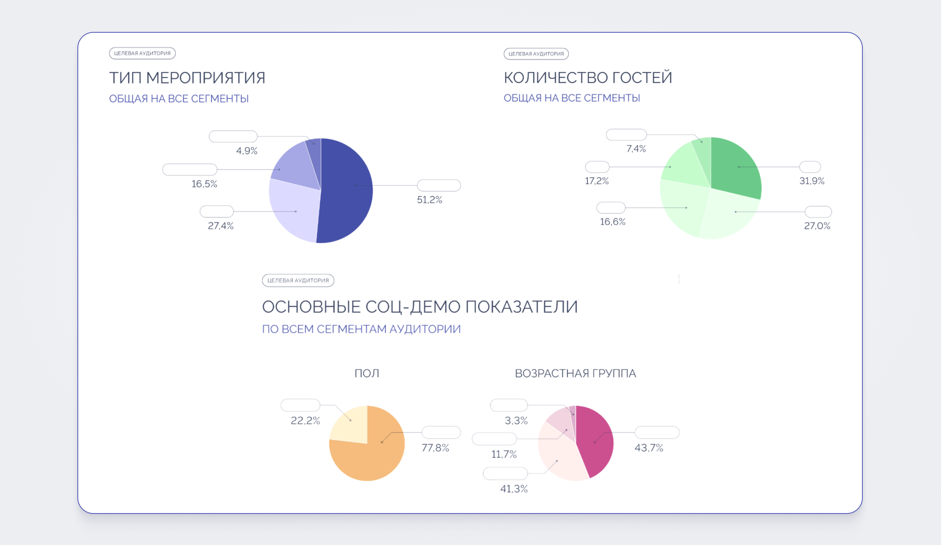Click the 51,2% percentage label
tap(429, 200)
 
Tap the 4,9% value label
tap(247, 151)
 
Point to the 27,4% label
tap(221, 226)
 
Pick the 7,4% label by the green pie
tap(636, 149)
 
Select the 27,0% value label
tap(817, 226)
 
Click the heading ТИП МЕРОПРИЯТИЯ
tap(187, 78)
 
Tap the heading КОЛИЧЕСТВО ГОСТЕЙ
tap(588, 78)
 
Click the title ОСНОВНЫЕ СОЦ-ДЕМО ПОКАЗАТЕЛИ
tap(420, 307)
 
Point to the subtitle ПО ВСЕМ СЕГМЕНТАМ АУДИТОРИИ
tap(361, 329)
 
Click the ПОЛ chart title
tap(367, 373)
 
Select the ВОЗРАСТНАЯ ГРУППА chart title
tap(575, 373)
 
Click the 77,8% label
tap(435, 448)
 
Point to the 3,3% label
tap(516, 421)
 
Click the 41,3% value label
tap(514, 489)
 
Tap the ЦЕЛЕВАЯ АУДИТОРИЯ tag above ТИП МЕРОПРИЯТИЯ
tap(142, 53)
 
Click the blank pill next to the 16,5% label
tap(190, 170)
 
